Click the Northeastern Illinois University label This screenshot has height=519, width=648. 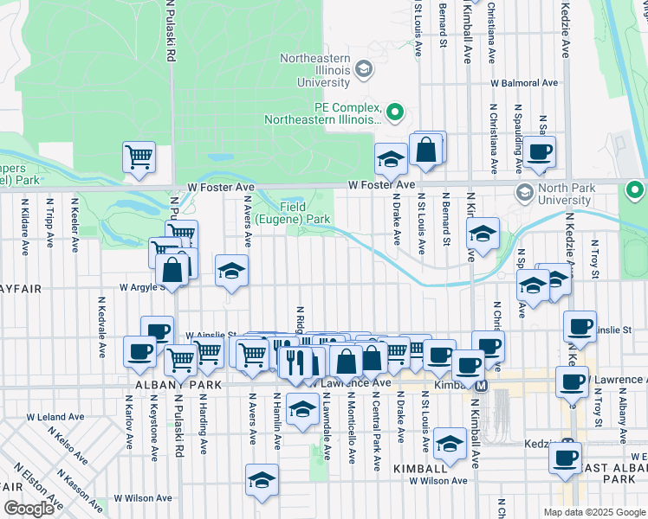click(x=315, y=70)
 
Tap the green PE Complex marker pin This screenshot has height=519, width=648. click(x=396, y=111)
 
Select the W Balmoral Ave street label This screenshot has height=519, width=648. click(x=524, y=84)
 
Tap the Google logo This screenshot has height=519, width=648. click(x=29, y=509)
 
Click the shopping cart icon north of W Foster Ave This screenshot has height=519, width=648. click(x=139, y=157)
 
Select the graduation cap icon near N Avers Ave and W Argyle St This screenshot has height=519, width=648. click(x=231, y=271)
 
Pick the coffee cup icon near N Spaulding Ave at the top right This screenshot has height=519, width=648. click(x=539, y=151)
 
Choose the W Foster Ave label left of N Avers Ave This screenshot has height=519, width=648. click(x=221, y=187)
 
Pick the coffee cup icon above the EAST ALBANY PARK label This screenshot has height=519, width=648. click(x=566, y=456)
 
